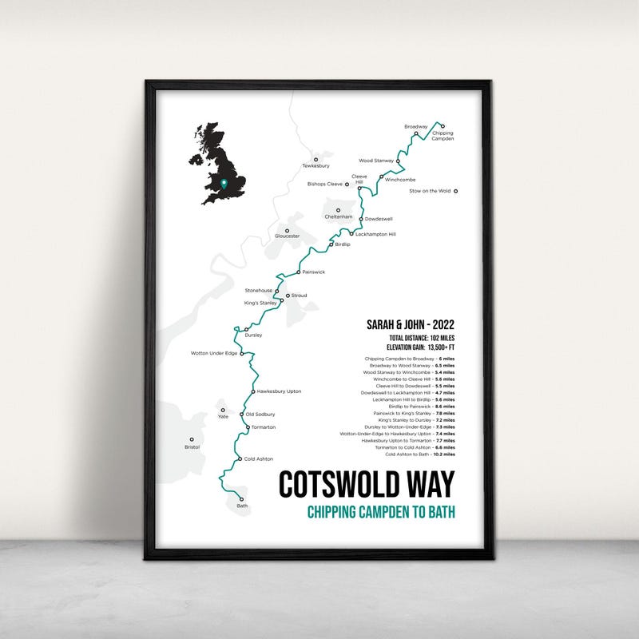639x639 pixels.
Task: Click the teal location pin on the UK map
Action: [x=224, y=183]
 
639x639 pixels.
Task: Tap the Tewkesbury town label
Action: [x=316, y=166]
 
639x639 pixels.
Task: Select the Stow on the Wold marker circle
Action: [x=456, y=191]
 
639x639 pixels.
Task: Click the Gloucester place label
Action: [x=288, y=236]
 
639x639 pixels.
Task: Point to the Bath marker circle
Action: [x=240, y=497]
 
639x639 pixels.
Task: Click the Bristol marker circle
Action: [x=192, y=439]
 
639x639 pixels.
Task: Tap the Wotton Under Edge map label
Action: [x=214, y=353]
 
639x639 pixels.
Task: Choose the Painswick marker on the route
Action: [x=297, y=272]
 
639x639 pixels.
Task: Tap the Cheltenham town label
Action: [x=338, y=216]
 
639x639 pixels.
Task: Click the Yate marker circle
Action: [x=224, y=409]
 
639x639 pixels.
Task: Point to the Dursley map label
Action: [x=254, y=335]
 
